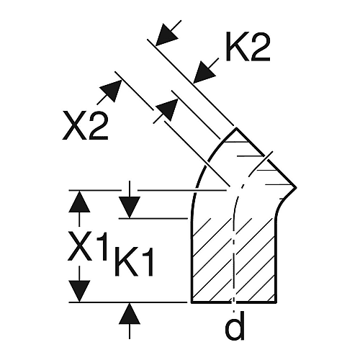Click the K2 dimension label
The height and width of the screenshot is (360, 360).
pyautogui.click(x=248, y=48)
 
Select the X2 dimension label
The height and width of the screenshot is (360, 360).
pyautogui.click(x=85, y=125)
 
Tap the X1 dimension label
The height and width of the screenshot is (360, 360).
pyautogui.click(x=87, y=246)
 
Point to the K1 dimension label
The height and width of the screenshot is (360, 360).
pyautogui.click(x=134, y=261)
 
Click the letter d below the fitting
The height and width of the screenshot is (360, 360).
pyautogui.click(x=235, y=325)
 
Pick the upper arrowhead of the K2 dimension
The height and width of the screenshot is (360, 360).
pyautogui.click(x=167, y=34)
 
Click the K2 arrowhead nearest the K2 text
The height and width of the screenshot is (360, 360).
pyautogui.click(x=204, y=73)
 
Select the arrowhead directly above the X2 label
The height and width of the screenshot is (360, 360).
pyautogui.click(x=111, y=91)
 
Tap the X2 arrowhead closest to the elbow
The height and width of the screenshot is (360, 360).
pyautogui.click(x=167, y=109)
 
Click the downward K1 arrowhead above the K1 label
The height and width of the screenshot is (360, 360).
pyautogui.click(x=130, y=207)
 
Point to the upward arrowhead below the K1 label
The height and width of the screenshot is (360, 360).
pyautogui.click(x=130, y=313)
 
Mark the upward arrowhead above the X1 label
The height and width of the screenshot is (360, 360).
pyautogui.click(x=79, y=202)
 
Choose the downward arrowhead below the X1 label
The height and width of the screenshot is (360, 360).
pyautogui.click(x=79, y=291)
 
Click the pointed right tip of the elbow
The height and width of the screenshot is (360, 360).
pyautogui.click(x=296, y=187)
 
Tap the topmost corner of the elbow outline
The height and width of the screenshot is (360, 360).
pyautogui.click(x=236, y=128)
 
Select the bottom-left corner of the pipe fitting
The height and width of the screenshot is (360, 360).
pyautogui.click(x=192, y=302)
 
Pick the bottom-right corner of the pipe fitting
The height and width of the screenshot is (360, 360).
pyautogui.click(x=276, y=302)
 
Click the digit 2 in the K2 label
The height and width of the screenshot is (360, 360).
pyautogui.click(x=260, y=48)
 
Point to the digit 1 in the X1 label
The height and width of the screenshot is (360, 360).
pyautogui.click(x=102, y=246)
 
